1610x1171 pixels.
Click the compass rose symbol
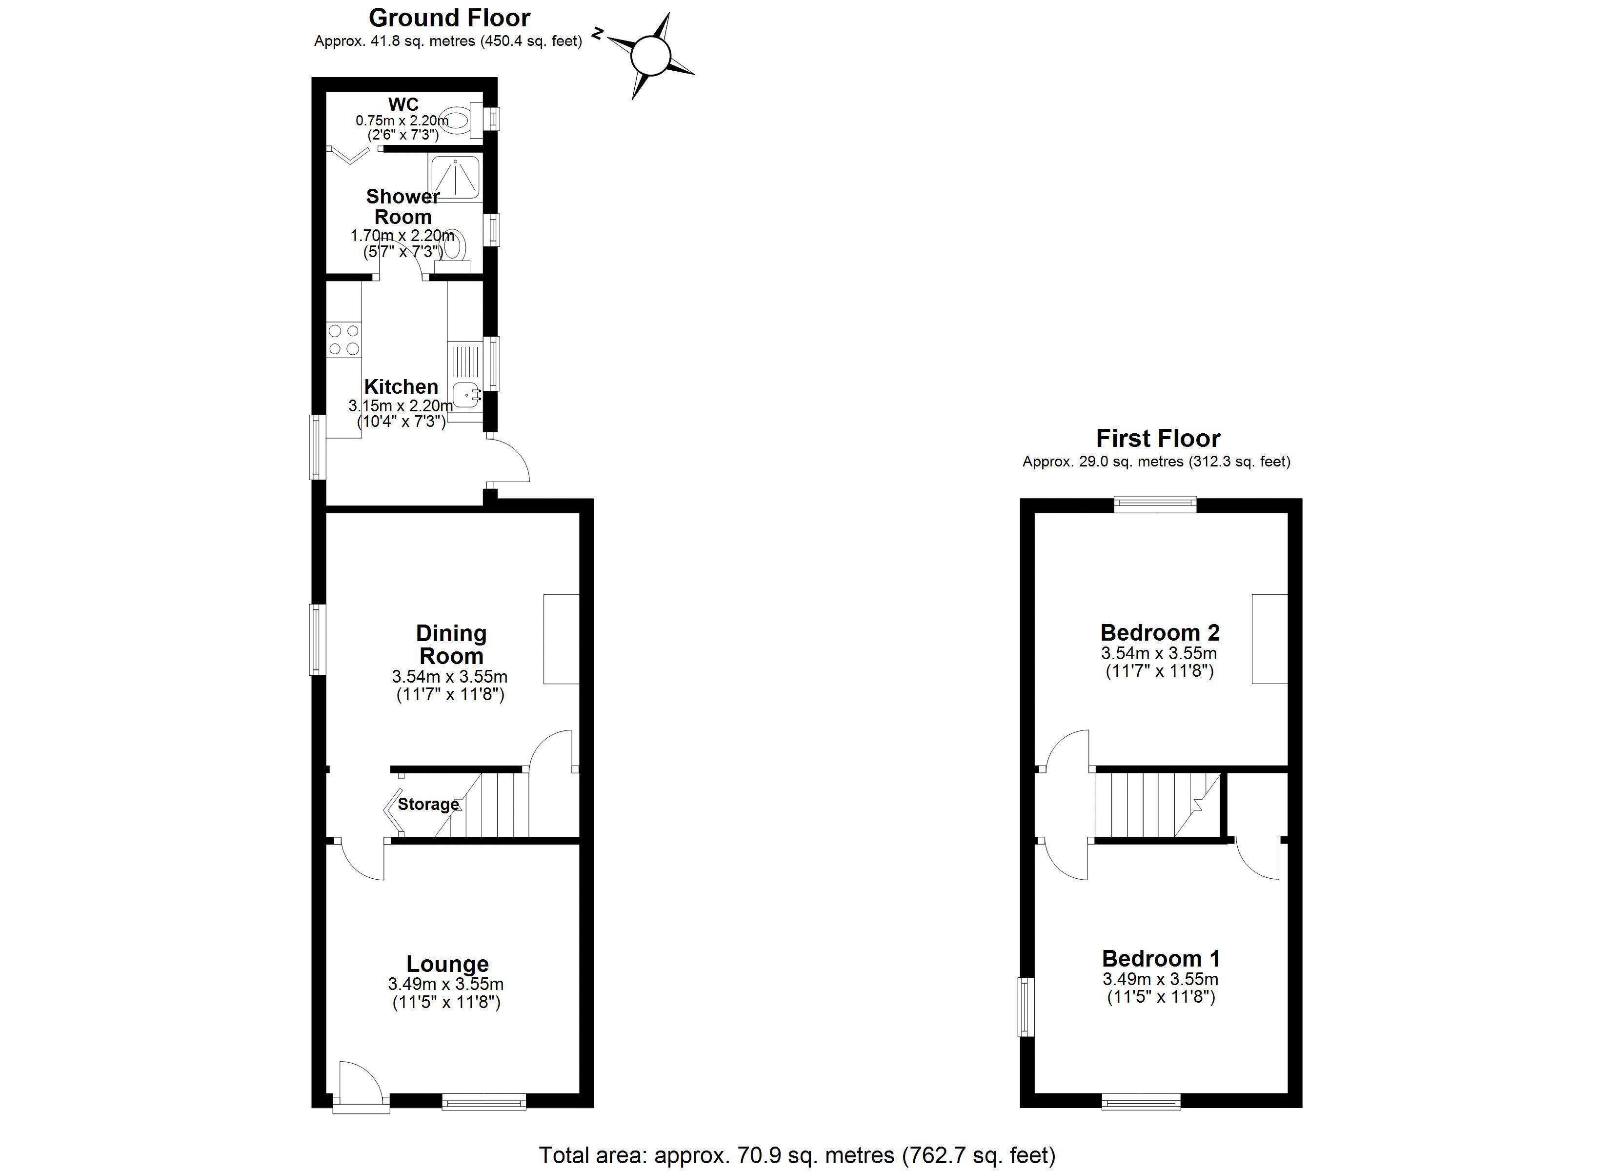click(x=650, y=56)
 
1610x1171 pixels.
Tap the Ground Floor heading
click(x=449, y=17)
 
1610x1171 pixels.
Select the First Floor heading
click(x=1158, y=438)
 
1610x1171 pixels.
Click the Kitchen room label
click(x=401, y=386)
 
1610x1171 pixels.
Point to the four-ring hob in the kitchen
click(x=343, y=340)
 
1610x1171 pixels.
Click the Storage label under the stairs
click(x=428, y=804)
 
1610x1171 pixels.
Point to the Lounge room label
click(x=447, y=964)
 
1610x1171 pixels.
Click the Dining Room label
click(x=451, y=644)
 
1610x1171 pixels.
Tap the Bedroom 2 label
click(x=1160, y=632)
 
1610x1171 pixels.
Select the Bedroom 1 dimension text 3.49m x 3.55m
click(x=1161, y=979)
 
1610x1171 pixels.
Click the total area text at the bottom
click(x=797, y=1155)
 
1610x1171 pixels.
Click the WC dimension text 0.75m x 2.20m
click(x=402, y=121)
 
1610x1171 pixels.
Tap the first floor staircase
click(x=1159, y=805)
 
